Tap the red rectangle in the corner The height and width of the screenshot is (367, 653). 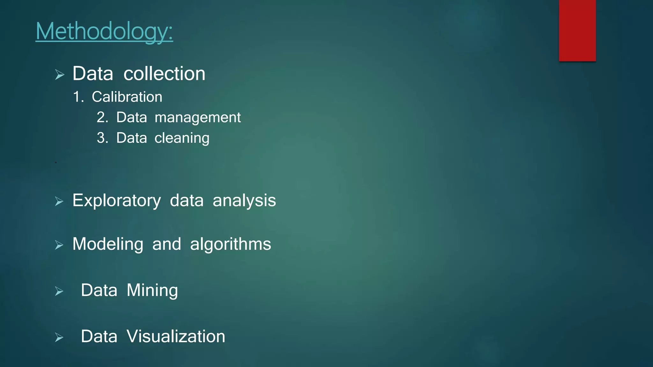(x=577, y=31)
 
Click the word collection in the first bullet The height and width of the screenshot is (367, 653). (x=164, y=74)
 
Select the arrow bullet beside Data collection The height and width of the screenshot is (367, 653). (x=60, y=75)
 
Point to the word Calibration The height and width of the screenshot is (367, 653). (x=127, y=97)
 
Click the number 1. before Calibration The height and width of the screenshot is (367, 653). (x=78, y=97)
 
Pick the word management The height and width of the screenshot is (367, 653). (x=198, y=118)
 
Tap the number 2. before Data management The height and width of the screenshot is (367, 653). (x=103, y=118)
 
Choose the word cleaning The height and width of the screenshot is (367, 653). (x=182, y=138)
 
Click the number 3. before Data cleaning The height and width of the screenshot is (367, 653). (x=103, y=138)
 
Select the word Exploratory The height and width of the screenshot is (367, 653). (x=117, y=201)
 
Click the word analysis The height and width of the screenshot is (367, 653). (x=244, y=201)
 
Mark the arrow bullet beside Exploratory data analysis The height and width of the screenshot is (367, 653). (x=59, y=201)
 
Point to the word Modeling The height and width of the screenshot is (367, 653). (x=108, y=244)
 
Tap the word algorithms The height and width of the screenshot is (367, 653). (x=231, y=244)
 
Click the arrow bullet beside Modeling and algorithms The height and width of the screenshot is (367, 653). (x=59, y=245)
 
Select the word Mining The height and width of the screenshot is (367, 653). (x=152, y=291)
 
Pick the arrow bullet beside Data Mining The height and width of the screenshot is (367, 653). (x=59, y=291)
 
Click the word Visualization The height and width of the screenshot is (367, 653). (x=176, y=336)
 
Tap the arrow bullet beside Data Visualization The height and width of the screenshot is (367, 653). (x=59, y=337)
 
